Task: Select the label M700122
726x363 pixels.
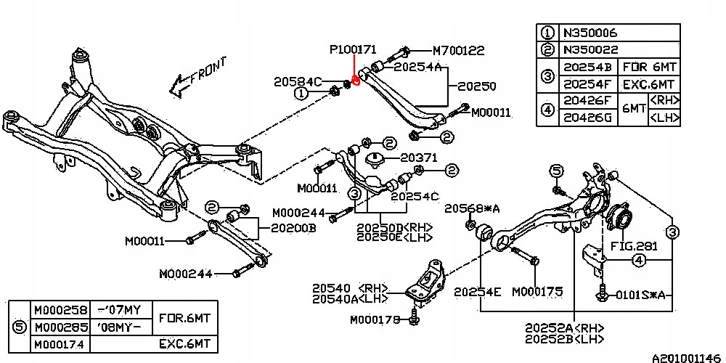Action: tap(459, 51)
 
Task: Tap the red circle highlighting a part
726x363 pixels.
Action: tap(356, 81)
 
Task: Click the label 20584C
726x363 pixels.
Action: tap(297, 81)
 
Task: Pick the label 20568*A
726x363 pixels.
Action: tap(473, 208)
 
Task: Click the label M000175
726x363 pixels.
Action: tap(537, 292)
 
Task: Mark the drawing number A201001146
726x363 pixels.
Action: tap(682, 358)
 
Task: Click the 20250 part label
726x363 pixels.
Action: tap(476, 86)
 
